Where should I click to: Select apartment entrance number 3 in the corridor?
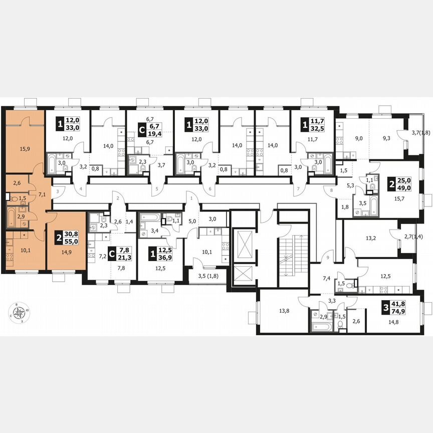point(58,191)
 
